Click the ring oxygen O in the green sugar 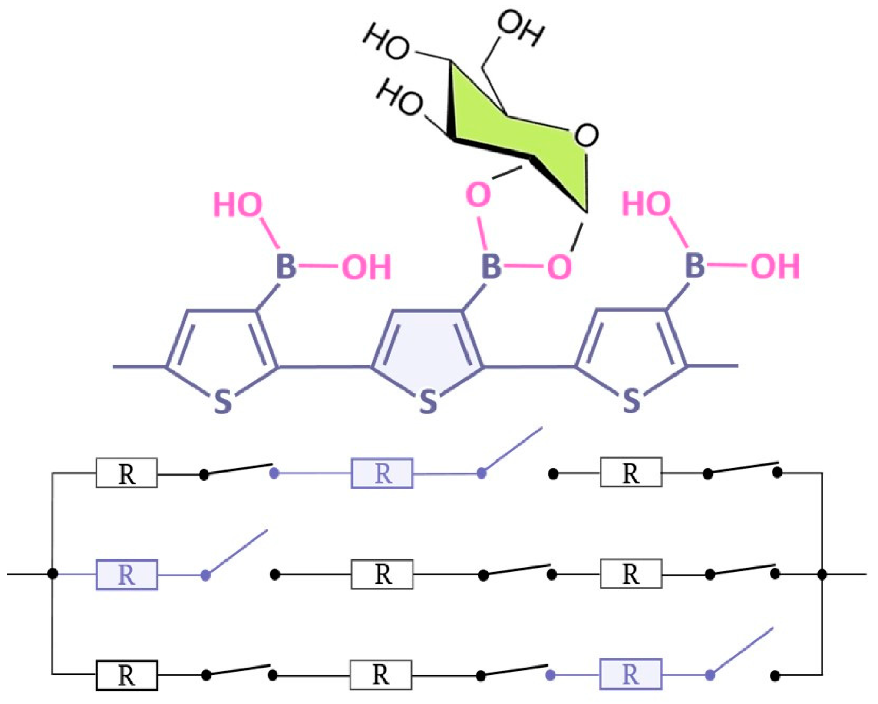click(586, 135)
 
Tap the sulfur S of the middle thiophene click(428, 401)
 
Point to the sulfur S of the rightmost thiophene click(631, 400)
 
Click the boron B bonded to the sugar click(492, 266)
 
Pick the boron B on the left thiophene click(287, 266)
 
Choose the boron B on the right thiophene click(695, 265)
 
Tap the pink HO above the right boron click(646, 203)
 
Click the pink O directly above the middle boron click(478, 195)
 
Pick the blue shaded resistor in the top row click(382, 473)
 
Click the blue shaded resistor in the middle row click(127, 575)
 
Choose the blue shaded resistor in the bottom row click(630, 674)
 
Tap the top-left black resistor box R click(127, 473)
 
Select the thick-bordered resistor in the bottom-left click(127, 675)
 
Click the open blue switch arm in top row click(512, 450)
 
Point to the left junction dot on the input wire click(53, 574)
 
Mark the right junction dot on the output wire click(822, 575)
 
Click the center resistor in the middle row click(382, 575)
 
